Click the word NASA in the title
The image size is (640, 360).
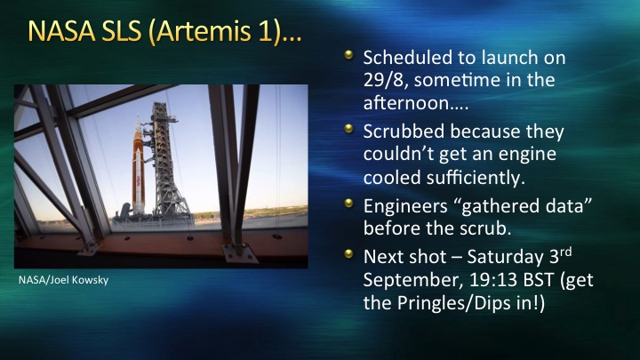[x=61, y=31]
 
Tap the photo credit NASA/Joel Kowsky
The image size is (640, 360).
[x=64, y=280]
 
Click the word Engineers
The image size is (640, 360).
[x=405, y=206]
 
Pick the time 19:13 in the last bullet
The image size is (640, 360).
[x=493, y=280]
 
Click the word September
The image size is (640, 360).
[x=413, y=281]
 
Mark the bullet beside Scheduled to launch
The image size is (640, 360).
[x=348, y=54]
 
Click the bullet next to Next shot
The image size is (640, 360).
[x=348, y=253]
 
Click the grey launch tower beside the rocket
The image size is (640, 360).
[x=165, y=164]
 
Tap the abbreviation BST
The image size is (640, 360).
[x=539, y=280]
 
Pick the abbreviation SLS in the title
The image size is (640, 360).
[x=121, y=31]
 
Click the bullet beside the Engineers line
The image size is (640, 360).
[x=348, y=203]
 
